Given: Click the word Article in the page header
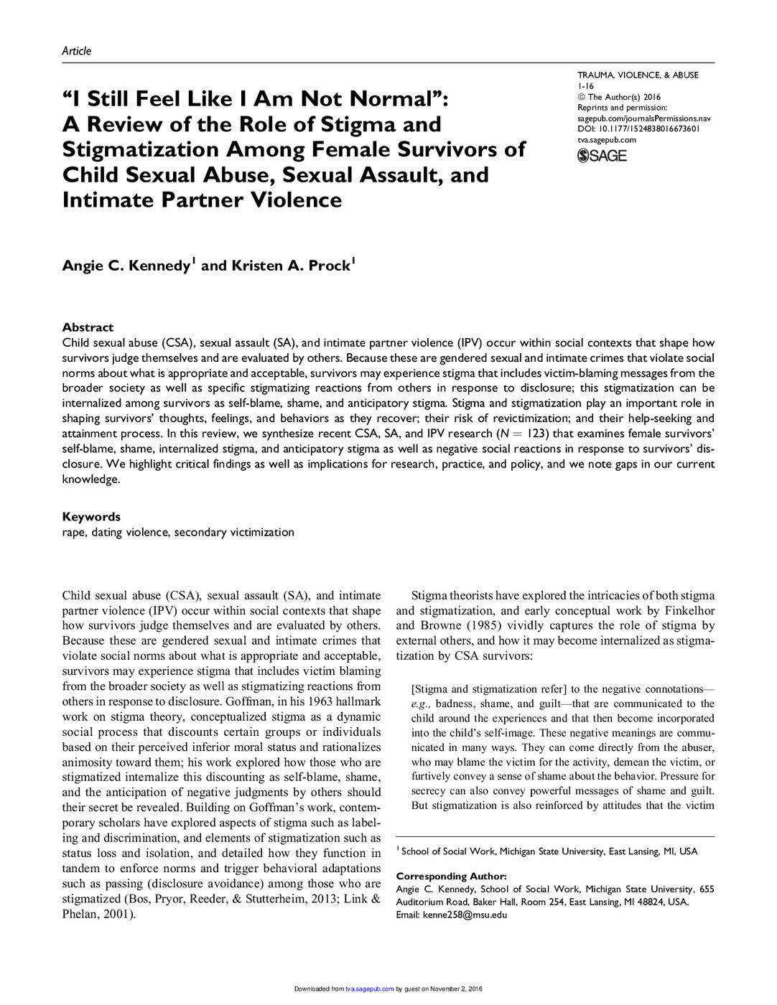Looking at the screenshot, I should pos(76,51).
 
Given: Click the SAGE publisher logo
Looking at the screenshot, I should pos(602,156).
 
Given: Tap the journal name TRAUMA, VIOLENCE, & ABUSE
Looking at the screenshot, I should pos(638,75).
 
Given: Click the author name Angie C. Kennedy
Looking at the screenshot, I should pos(126,266).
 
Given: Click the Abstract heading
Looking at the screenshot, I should pos(88,327).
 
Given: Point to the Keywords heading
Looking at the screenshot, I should pos(91,517).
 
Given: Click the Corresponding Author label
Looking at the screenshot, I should pos(451,877).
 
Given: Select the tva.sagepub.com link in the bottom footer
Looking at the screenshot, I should pos(369,989).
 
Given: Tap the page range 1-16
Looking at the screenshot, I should pos(585,86).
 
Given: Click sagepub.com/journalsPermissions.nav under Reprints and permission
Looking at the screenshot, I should pos(643,118).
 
